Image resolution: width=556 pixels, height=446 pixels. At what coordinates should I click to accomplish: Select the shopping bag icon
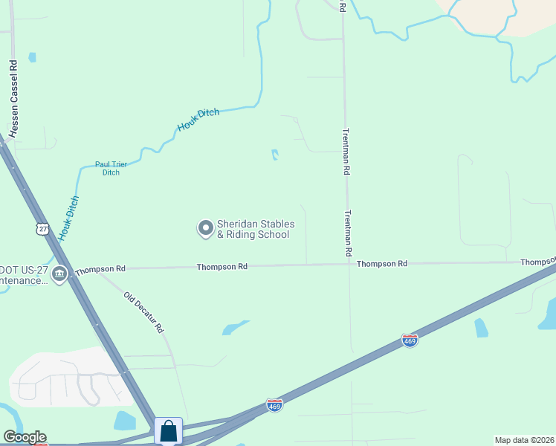[x=169, y=430]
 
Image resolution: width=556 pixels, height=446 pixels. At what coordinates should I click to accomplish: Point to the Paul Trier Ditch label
[x=107, y=169]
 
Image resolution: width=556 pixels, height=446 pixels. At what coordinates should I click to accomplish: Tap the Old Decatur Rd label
[x=143, y=311]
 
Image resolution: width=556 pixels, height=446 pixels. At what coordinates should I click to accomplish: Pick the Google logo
[x=25, y=437]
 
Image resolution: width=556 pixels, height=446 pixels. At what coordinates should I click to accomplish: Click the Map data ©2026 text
[x=524, y=439]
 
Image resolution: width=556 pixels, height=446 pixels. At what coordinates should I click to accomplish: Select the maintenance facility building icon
[x=59, y=275]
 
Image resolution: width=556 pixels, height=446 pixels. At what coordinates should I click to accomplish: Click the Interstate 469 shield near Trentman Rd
[x=410, y=340]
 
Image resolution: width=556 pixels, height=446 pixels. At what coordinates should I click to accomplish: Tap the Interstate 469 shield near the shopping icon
[x=274, y=406]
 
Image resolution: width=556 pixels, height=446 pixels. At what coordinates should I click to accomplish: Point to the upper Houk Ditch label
[x=199, y=119]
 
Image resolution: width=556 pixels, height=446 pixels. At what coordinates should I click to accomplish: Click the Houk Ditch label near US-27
[x=69, y=217]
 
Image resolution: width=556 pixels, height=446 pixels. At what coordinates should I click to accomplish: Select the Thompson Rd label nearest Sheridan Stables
[x=222, y=266]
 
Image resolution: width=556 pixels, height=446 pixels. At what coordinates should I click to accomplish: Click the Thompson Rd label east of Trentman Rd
[x=382, y=264]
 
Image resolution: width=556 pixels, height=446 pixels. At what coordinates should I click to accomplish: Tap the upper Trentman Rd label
[x=346, y=151]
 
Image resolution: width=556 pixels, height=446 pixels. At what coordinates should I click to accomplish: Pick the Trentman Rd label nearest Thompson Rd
[x=347, y=233]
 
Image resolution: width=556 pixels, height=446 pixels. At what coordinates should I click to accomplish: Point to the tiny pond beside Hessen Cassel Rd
[x=32, y=57]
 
